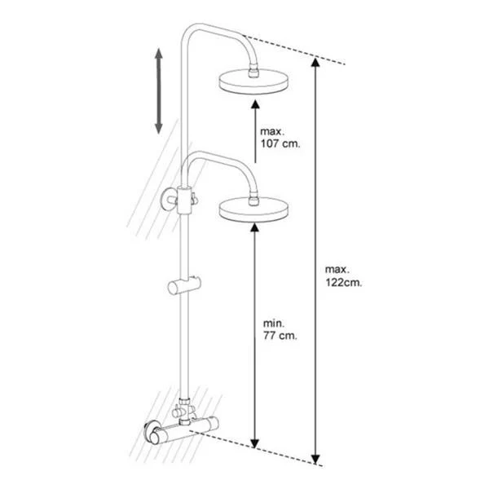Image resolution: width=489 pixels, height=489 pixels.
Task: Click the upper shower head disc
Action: [253, 81]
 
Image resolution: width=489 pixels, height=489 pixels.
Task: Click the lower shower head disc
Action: [253, 209]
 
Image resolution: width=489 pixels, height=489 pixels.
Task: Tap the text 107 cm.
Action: [280, 143]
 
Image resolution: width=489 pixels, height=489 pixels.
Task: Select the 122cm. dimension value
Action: [344, 283]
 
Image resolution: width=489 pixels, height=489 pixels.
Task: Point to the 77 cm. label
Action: [280, 336]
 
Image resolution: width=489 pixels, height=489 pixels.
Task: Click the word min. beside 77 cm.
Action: [274, 324]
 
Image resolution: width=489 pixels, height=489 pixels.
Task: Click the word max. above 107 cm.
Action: [272, 131]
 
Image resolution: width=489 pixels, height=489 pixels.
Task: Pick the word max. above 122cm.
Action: [337, 270]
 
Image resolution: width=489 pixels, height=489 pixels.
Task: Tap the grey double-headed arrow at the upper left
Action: [159, 91]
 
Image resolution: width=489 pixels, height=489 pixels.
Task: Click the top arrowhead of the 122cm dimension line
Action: [315, 63]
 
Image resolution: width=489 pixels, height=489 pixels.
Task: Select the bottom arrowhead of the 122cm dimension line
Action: [315, 459]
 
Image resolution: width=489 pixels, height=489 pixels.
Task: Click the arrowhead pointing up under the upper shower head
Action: [255, 104]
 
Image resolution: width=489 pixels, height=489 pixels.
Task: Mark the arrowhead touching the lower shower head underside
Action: [255, 227]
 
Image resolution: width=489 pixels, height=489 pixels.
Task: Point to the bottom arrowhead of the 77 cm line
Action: [255, 443]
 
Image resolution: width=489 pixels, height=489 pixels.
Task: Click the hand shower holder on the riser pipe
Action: [184, 285]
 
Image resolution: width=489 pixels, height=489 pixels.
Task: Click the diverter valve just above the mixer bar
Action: [184, 411]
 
